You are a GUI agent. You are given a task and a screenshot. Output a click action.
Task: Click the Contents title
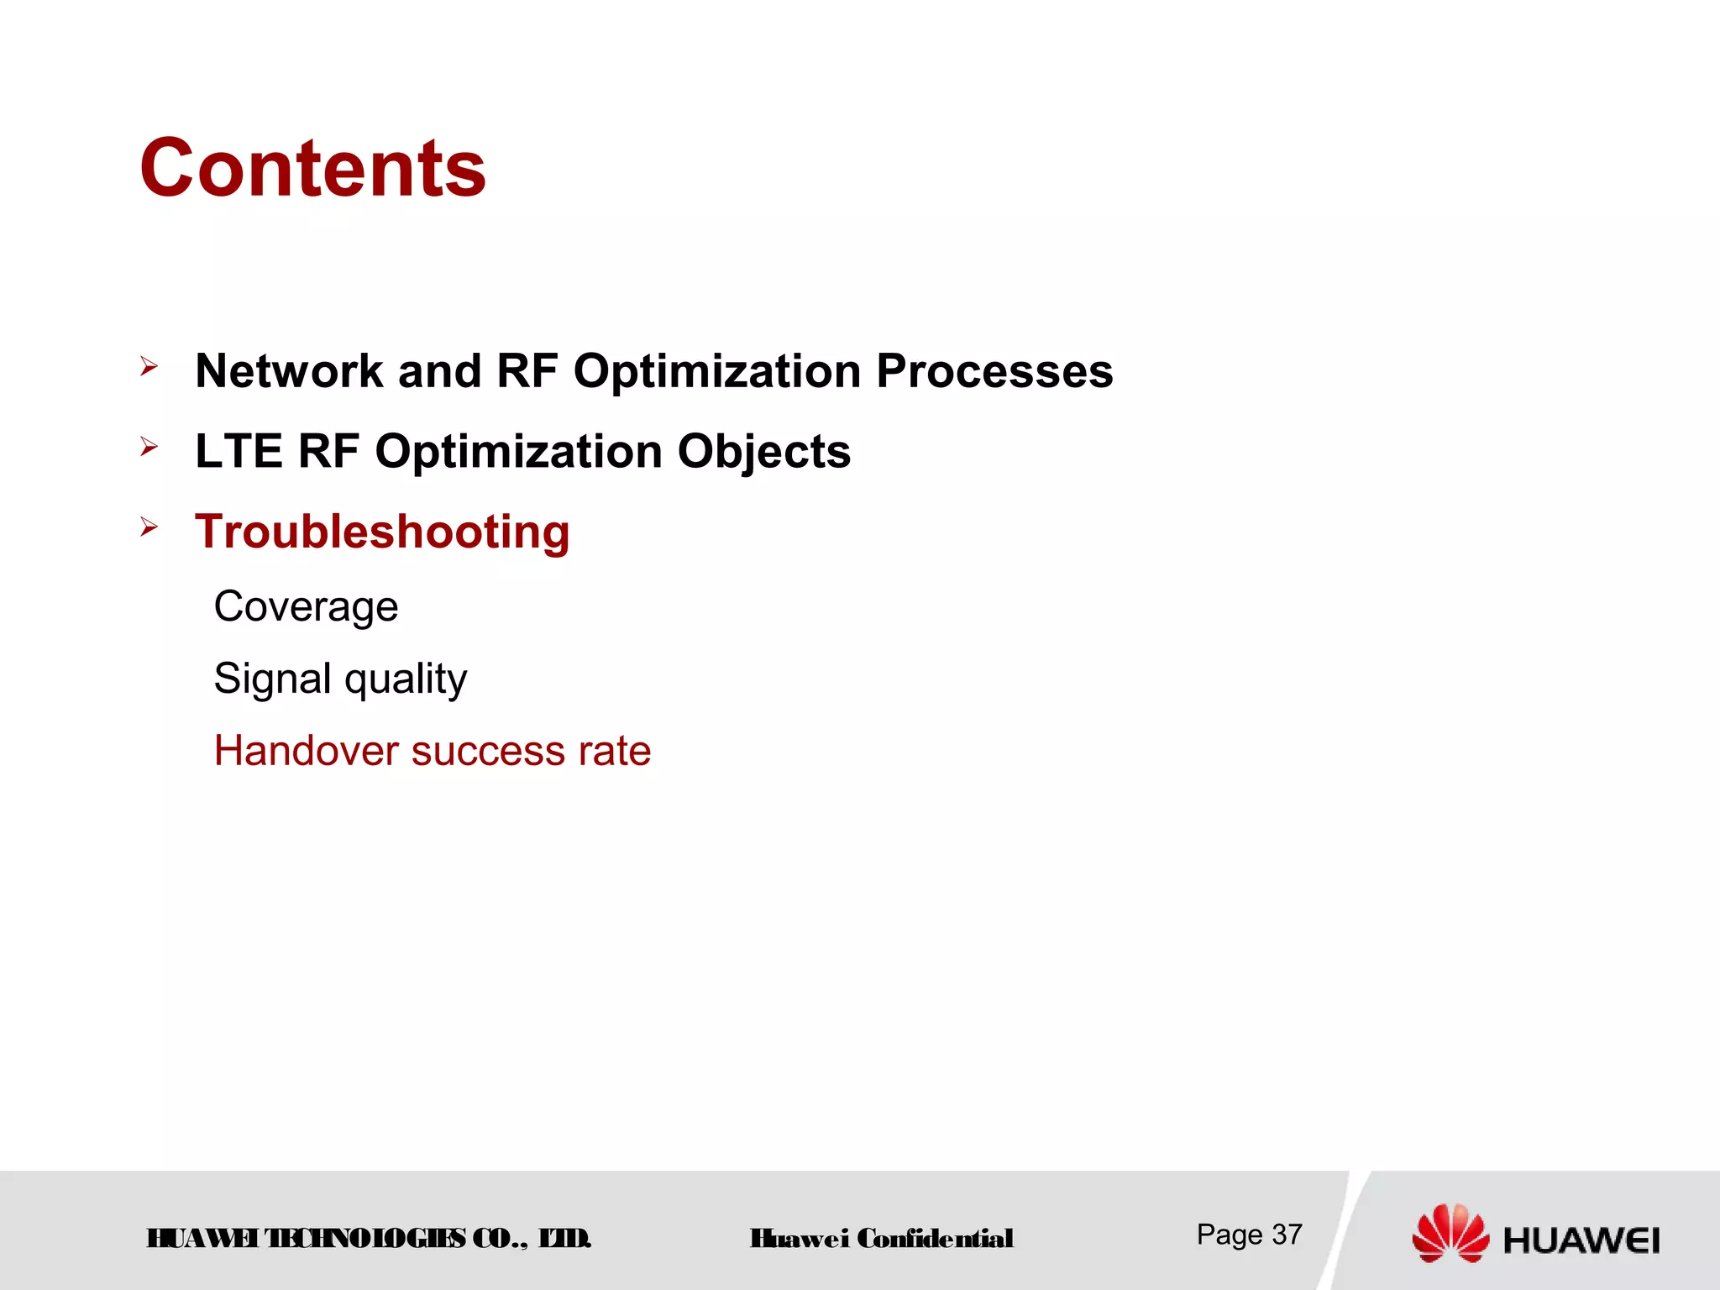(x=312, y=169)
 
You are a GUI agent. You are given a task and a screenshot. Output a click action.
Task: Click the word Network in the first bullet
(x=289, y=370)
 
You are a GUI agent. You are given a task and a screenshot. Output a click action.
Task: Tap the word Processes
(x=994, y=370)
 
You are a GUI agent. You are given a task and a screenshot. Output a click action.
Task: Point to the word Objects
(x=763, y=451)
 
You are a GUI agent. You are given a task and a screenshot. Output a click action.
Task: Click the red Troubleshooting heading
(x=382, y=532)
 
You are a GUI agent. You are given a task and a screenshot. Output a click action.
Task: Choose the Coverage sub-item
(x=306, y=606)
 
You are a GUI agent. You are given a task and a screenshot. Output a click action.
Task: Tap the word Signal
(x=272, y=679)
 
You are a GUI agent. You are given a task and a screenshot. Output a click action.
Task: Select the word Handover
(x=306, y=750)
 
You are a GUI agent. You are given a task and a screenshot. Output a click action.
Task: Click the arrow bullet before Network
(x=149, y=366)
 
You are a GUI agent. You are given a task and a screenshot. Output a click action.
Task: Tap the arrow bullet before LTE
(x=149, y=447)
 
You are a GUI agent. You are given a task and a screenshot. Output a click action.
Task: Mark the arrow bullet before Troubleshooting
(x=149, y=527)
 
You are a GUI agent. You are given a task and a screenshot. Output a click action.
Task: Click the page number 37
(x=1286, y=1235)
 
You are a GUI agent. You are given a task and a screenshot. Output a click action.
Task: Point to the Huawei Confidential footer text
(x=881, y=1239)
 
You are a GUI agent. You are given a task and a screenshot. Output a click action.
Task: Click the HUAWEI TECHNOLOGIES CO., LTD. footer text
(x=369, y=1239)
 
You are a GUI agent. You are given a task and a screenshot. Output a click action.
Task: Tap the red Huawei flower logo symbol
(x=1450, y=1232)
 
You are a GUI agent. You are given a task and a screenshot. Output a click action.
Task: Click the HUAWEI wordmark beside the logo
(x=1581, y=1240)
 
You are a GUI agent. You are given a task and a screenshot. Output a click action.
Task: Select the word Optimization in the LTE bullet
(x=518, y=452)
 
